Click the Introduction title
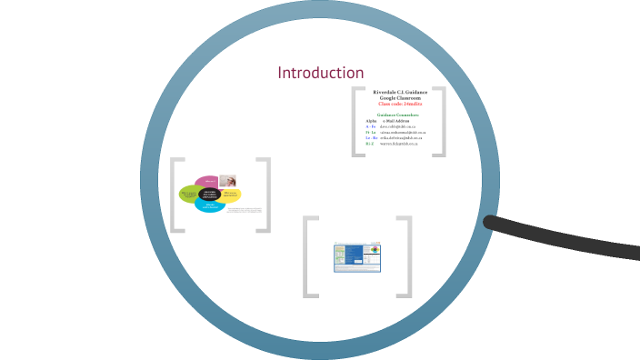[x=321, y=73]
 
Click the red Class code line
[x=400, y=105]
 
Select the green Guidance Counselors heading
[x=398, y=115]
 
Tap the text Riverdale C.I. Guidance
[x=400, y=92]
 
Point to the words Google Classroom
[x=400, y=98]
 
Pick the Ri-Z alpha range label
[x=370, y=144]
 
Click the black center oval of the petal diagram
[x=210, y=194]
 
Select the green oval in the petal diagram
[x=190, y=194]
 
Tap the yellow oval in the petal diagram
[x=230, y=194]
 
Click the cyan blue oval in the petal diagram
[x=210, y=206]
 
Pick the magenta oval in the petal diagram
[x=207, y=181]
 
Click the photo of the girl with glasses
[x=227, y=181]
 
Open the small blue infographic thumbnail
[x=356, y=257]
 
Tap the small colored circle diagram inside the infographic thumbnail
[x=373, y=252]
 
